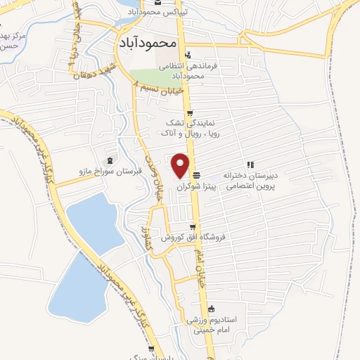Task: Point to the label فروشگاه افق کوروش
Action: (x=192, y=238)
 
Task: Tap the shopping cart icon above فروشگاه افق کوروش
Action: (x=193, y=226)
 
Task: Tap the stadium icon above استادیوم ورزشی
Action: (x=212, y=308)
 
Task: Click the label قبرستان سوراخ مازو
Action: (x=109, y=171)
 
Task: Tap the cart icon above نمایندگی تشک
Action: (x=189, y=113)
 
